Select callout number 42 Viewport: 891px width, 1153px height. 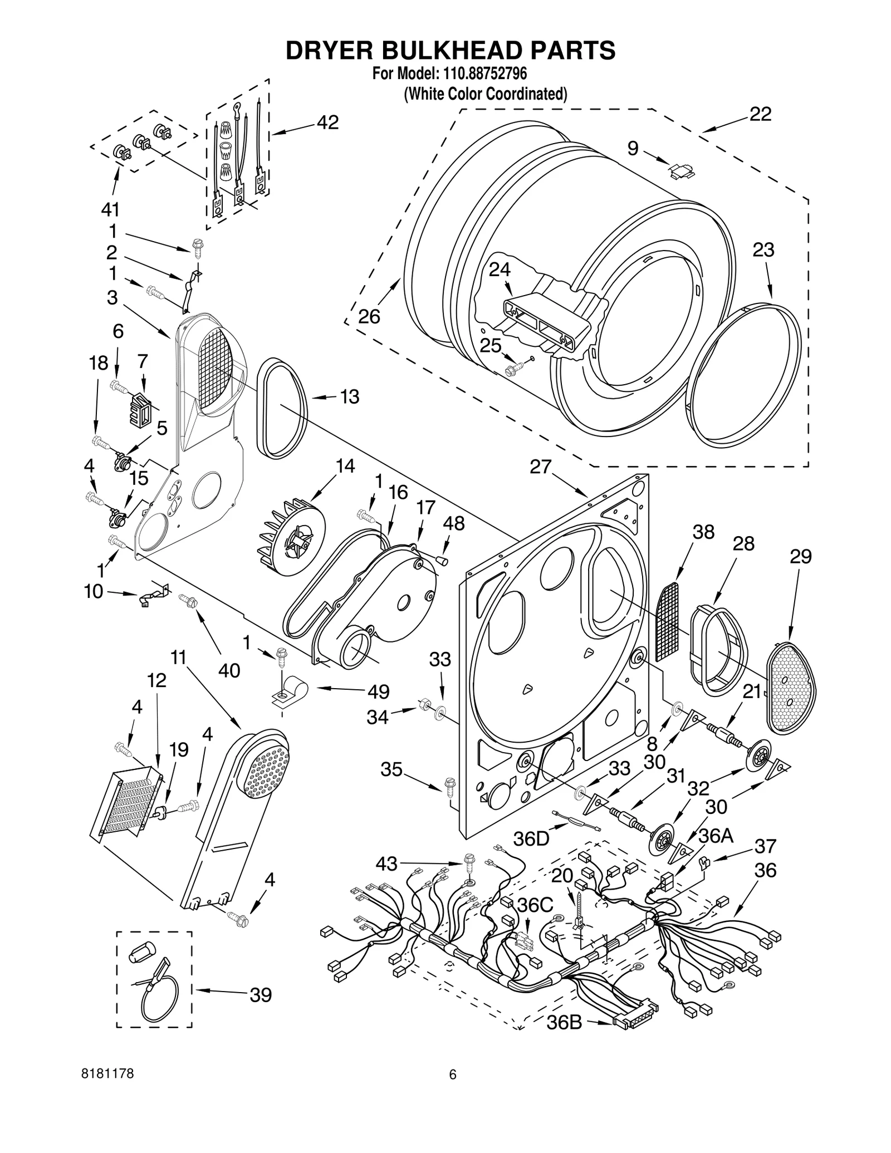tap(327, 122)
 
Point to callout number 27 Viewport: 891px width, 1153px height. tap(540, 467)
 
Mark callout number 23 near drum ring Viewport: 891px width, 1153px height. tap(763, 250)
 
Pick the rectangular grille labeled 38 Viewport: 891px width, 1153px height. tap(668, 621)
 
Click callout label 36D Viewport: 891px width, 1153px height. tap(531, 839)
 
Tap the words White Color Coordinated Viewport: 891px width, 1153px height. tap(485, 94)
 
